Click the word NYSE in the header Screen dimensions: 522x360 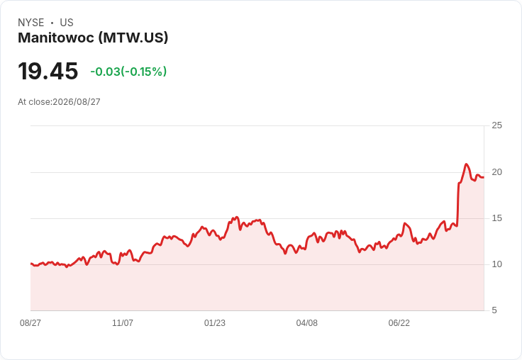pyautogui.click(x=31, y=23)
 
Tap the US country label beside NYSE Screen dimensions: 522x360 pyautogui.click(x=67, y=23)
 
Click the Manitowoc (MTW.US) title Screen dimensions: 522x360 pyautogui.click(x=93, y=38)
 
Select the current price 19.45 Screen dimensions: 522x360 pyautogui.click(x=48, y=71)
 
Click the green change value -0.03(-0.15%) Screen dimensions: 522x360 pyautogui.click(x=128, y=72)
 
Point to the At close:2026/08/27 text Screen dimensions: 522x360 pyautogui.click(x=59, y=102)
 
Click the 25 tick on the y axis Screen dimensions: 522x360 pyautogui.click(x=496, y=125)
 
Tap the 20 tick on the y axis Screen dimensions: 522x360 pyautogui.click(x=496, y=172)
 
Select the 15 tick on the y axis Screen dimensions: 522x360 pyautogui.click(x=496, y=218)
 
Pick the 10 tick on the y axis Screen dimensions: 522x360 pyautogui.click(x=496, y=264)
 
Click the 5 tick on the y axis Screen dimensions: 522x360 pyautogui.click(x=494, y=310)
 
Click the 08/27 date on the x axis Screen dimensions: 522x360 pyautogui.click(x=30, y=323)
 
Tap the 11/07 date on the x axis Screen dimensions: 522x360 pyautogui.click(x=123, y=323)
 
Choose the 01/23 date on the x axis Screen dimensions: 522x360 pyautogui.click(x=215, y=323)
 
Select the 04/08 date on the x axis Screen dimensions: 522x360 pyautogui.click(x=307, y=323)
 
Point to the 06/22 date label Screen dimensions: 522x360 pyautogui.click(x=399, y=323)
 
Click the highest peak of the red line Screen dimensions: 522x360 pyautogui.click(x=466, y=164)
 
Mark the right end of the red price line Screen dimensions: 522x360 pyautogui.click(x=484, y=177)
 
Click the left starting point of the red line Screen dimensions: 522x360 pyautogui.click(x=31, y=264)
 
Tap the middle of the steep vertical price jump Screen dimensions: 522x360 pyautogui.click(x=458, y=204)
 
